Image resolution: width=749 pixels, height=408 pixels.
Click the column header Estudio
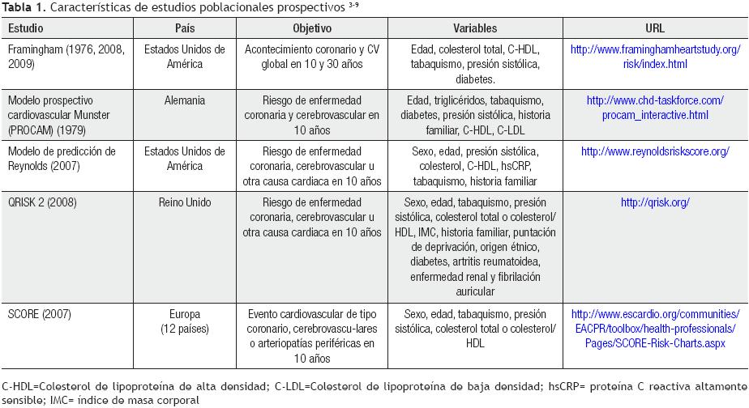click(x=26, y=28)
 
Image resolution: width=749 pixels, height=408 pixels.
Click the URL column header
click(x=655, y=28)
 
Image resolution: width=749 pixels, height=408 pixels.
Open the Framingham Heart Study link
click(x=655, y=56)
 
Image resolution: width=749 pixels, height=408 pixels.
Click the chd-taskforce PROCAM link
click(x=655, y=108)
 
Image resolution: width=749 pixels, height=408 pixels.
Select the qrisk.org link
click(x=655, y=202)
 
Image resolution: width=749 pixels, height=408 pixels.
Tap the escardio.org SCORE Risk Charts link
click(x=655, y=329)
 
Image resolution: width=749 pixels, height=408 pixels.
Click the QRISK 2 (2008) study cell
click(x=42, y=202)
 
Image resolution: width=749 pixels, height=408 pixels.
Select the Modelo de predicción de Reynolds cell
click(x=61, y=159)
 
